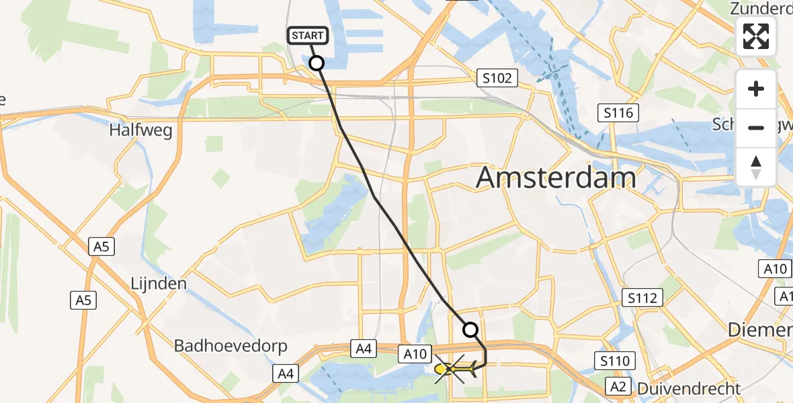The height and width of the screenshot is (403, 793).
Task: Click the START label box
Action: (x=308, y=36)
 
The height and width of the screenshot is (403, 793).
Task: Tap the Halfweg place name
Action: (x=140, y=130)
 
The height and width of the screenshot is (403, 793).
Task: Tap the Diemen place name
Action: (x=761, y=330)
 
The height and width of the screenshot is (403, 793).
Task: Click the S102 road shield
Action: (x=497, y=79)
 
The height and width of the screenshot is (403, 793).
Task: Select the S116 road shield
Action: (x=618, y=113)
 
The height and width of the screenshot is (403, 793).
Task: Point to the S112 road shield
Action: (x=643, y=298)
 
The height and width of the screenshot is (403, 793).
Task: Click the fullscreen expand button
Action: (x=756, y=37)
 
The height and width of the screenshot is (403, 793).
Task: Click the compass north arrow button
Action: (x=756, y=167)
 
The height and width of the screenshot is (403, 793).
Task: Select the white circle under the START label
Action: (x=316, y=63)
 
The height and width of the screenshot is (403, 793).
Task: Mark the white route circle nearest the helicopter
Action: (x=470, y=330)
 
